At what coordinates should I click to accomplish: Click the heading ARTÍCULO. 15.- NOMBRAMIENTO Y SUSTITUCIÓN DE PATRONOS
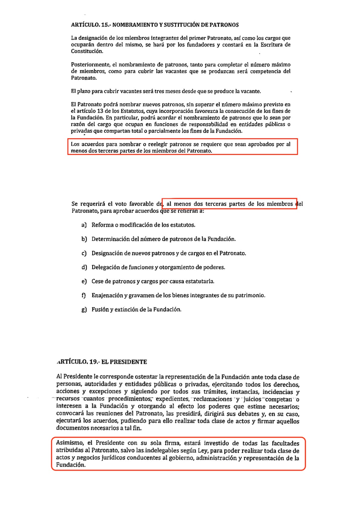[x=155, y=25]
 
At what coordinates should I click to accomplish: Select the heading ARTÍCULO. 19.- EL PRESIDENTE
[x=102, y=362]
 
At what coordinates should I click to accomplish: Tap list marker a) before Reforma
[x=84, y=225]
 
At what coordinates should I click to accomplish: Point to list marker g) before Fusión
[x=84, y=309]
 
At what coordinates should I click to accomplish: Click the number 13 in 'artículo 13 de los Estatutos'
[x=100, y=111]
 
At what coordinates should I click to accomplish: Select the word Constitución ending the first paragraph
[x=87, y=51]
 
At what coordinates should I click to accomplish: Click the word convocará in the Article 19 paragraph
[x=70, y=413]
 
